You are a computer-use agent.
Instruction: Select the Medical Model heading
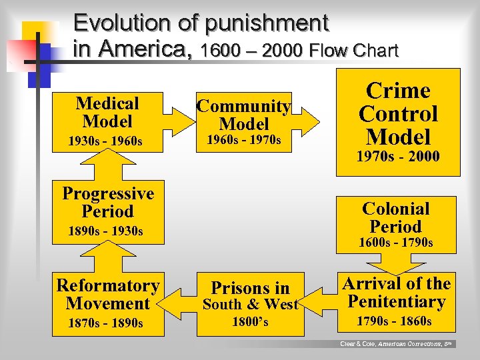[x=107, y=112]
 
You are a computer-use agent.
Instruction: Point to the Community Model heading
[x=244, y=115]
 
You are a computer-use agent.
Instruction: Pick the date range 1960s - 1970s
[x=243, y=140]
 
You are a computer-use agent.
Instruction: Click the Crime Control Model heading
[x=398, y=114]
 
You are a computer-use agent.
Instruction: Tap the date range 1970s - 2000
[x=398, y=157]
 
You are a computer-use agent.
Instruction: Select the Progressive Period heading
[x=107, y=203]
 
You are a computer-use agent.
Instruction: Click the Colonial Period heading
[x=395, y=217]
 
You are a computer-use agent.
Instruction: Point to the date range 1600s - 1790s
[x=395, y=243]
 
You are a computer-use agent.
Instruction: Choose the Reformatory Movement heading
[x=107, y=295]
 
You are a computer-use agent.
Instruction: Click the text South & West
[x=251, y=305]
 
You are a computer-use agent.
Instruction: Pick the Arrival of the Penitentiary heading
[x=397, y=293]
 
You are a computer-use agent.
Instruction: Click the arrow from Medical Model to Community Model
[x=176, y=121]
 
